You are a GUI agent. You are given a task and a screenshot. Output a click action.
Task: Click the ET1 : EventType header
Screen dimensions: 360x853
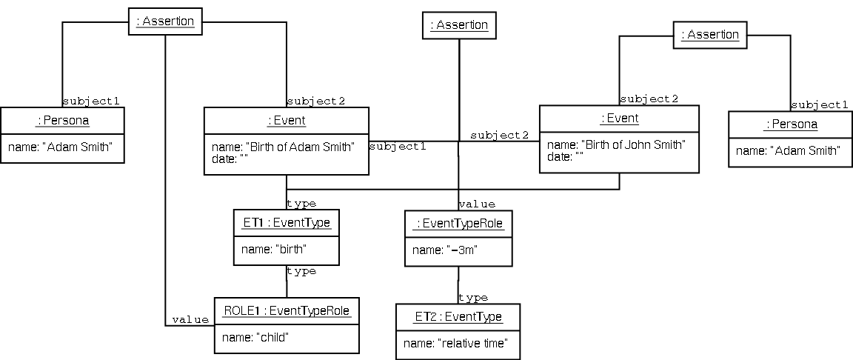tap(286, 221)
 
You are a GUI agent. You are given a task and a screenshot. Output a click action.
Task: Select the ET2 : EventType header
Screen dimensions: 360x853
tap(458, 317)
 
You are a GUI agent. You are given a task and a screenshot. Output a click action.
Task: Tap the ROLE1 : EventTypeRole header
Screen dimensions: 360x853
tap(287, 311)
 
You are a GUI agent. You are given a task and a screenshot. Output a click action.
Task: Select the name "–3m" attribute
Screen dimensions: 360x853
tap(445, 250)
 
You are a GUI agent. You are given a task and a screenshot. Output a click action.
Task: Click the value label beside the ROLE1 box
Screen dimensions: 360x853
tap(190, 319)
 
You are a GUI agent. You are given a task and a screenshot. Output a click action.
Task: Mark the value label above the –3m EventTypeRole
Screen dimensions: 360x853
tap(477, 204)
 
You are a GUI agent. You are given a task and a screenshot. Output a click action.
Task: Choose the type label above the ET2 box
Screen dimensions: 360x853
tap(473, 298)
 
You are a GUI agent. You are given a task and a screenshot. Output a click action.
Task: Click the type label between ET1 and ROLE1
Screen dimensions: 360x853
tap(301, 271)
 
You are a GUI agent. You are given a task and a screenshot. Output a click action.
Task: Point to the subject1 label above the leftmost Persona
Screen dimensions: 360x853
tap(91, 101)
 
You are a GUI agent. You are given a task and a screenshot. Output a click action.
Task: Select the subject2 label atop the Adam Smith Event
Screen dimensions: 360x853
tap(316, 101)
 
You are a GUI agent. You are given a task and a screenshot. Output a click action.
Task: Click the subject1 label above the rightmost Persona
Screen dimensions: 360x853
tap(819, 105)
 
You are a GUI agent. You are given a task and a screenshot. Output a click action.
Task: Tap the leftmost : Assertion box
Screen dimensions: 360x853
tap(164, 21)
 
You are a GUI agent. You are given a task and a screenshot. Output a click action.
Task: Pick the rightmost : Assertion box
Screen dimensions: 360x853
tap(709, 35)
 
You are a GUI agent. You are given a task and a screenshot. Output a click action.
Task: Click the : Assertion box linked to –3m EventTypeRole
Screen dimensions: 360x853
tap(459, 25)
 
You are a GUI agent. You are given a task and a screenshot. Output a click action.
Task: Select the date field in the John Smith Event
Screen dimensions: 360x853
tap(559, 156)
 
